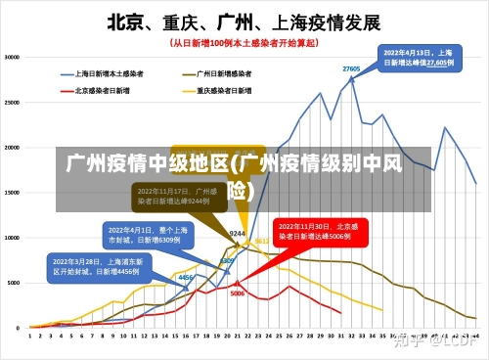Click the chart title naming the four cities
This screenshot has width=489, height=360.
click(x=244, y=21)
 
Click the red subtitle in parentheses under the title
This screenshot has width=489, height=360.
click(x=244, y=43)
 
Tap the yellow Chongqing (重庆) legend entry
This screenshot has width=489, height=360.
click(x=223, y=91)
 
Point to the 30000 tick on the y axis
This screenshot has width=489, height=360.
click(x=12, y=57)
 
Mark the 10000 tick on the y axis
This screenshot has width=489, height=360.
click(x=12, y=237)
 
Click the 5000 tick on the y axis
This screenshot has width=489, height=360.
click(x=14, y=282)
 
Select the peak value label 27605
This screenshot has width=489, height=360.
click(x=351, y=69)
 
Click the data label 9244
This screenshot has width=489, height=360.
click(x=237, y=234)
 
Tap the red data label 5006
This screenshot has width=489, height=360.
click(x=238, y=292)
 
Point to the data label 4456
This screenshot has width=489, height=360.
click(x=184, y=278)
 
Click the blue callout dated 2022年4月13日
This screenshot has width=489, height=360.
click(x=418, y=57)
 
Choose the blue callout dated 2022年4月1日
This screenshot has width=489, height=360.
click(x=143, y=234)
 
